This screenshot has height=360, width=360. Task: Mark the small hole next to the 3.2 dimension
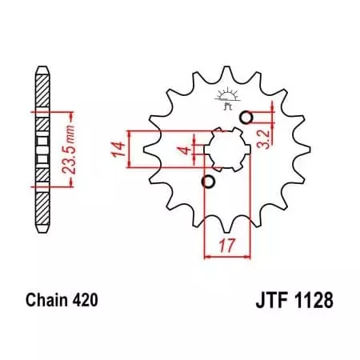[x=247, y=118]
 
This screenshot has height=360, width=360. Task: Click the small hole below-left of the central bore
[x=210, y=182]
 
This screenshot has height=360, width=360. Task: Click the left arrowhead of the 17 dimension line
[x=209, y=257]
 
